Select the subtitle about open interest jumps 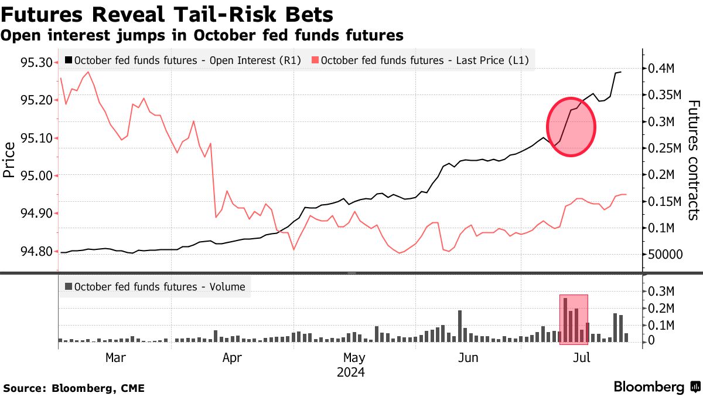coord(202,35)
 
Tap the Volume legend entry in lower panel coord(155,287)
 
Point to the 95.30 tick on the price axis coord(36,62)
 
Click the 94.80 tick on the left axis coord(36,252)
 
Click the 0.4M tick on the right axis coord(661,69)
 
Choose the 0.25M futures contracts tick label coord(664,148)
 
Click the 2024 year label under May coord(350,372)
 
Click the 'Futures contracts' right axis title coord(693,160)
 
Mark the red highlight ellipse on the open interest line coord(571,127)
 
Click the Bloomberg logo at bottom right coord(657,387)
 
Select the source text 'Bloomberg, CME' coord(98,388)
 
